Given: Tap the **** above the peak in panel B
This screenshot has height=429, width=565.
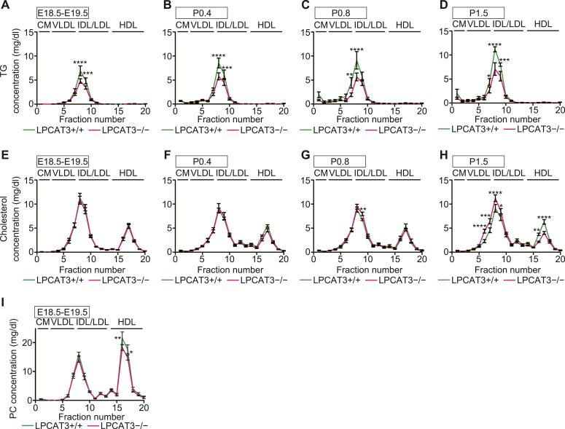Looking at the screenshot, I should click(x=218, y=56).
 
